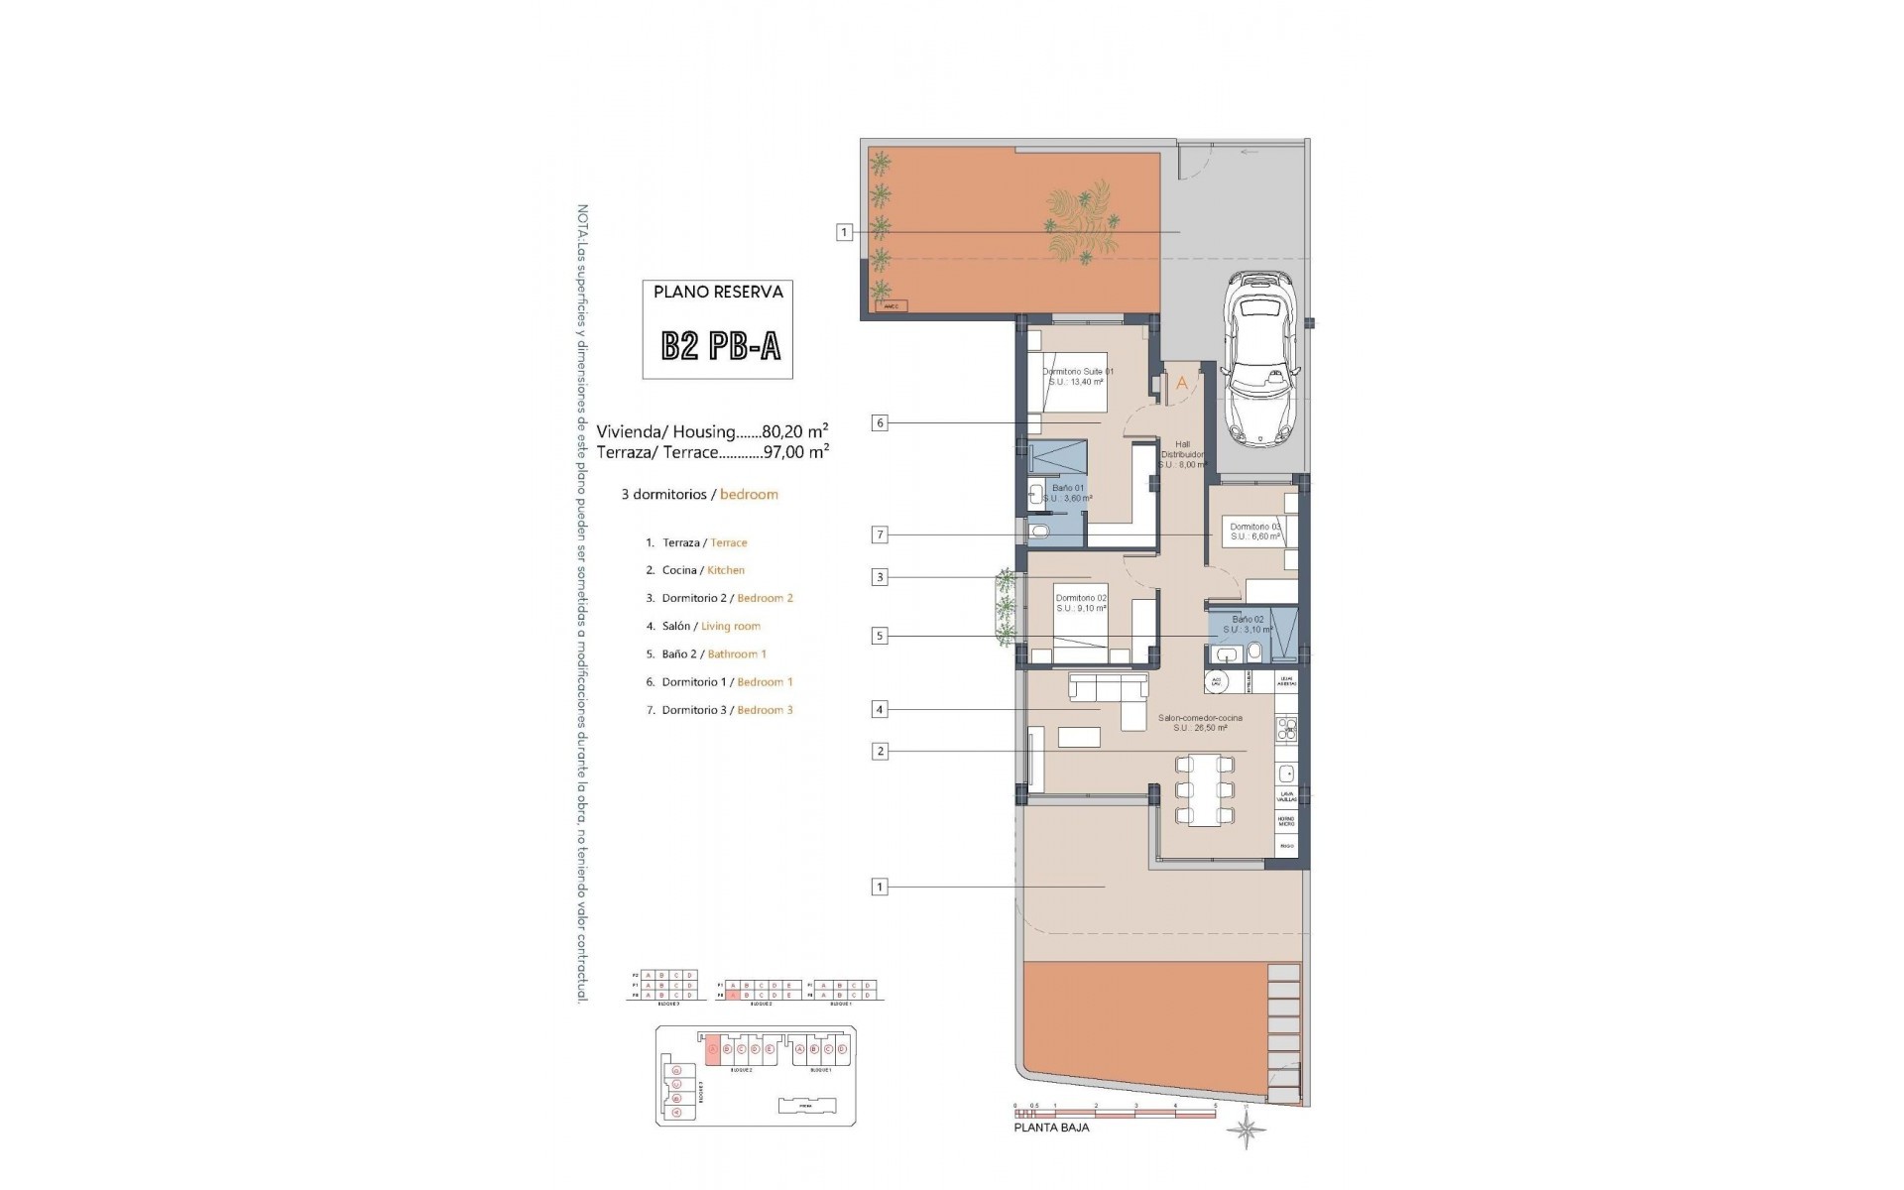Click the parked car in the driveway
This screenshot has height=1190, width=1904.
pyautogui.click(x=1258, y=372)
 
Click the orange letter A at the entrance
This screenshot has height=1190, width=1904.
pyautogui.click(x=1181, y=382)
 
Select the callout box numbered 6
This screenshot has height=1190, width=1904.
pyautogui.click(x=879, y=423)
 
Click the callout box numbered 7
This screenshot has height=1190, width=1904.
pyautogui.click(x=879, y=535)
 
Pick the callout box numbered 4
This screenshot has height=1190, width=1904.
pyautogui.click(x=879, y=709)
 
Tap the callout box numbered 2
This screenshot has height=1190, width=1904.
pyautogui.click(x=879, y=751)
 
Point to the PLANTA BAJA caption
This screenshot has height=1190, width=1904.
pyautogui.click(x=1050, y=1128)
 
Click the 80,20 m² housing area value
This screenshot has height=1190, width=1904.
pyautogui.click(x=794, y=432)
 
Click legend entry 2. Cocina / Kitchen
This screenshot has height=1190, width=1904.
pyautogui.click(x=694, y=570)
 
